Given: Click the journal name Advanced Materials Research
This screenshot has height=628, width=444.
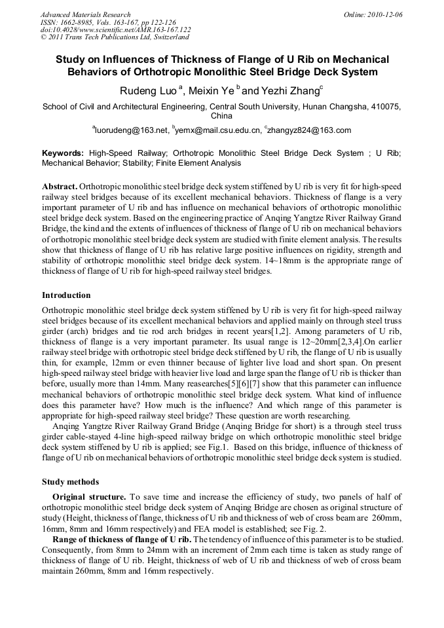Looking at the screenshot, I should coord(85,14).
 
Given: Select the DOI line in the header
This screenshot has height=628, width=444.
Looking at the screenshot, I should coord(116,29).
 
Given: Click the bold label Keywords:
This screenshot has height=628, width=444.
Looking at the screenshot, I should coord(63,153).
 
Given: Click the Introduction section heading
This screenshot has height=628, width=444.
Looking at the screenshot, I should coord(66,295).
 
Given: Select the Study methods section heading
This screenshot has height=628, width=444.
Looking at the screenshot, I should coord(70,481).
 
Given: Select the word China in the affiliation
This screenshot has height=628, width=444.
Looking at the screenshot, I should coord(221,116).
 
